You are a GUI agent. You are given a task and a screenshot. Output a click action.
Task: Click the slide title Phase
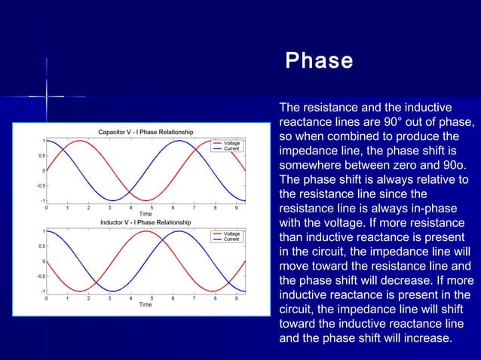click(319, 60)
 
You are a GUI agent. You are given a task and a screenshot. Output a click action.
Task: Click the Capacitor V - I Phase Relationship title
click(146, 132)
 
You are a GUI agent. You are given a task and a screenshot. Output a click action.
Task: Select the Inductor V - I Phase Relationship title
click(146, 222)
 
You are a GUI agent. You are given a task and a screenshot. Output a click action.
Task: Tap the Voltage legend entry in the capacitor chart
click(231, 142)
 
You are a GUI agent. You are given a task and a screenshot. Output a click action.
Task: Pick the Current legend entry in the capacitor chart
click(231, 149)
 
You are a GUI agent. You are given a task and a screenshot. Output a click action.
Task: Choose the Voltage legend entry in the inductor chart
click(231, 233)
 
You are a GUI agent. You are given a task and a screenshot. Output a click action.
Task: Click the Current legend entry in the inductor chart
click(231, 239)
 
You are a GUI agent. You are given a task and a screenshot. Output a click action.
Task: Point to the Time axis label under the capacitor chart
click(145, 214)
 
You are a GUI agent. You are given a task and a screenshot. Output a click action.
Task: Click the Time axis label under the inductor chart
click(145, 304)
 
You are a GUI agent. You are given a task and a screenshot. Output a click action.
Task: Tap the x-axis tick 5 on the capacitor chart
click(152, 207)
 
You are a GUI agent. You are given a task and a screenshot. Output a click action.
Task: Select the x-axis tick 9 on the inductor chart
click(237, 297)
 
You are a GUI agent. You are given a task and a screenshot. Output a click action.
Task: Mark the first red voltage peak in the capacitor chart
click(79, 140)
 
